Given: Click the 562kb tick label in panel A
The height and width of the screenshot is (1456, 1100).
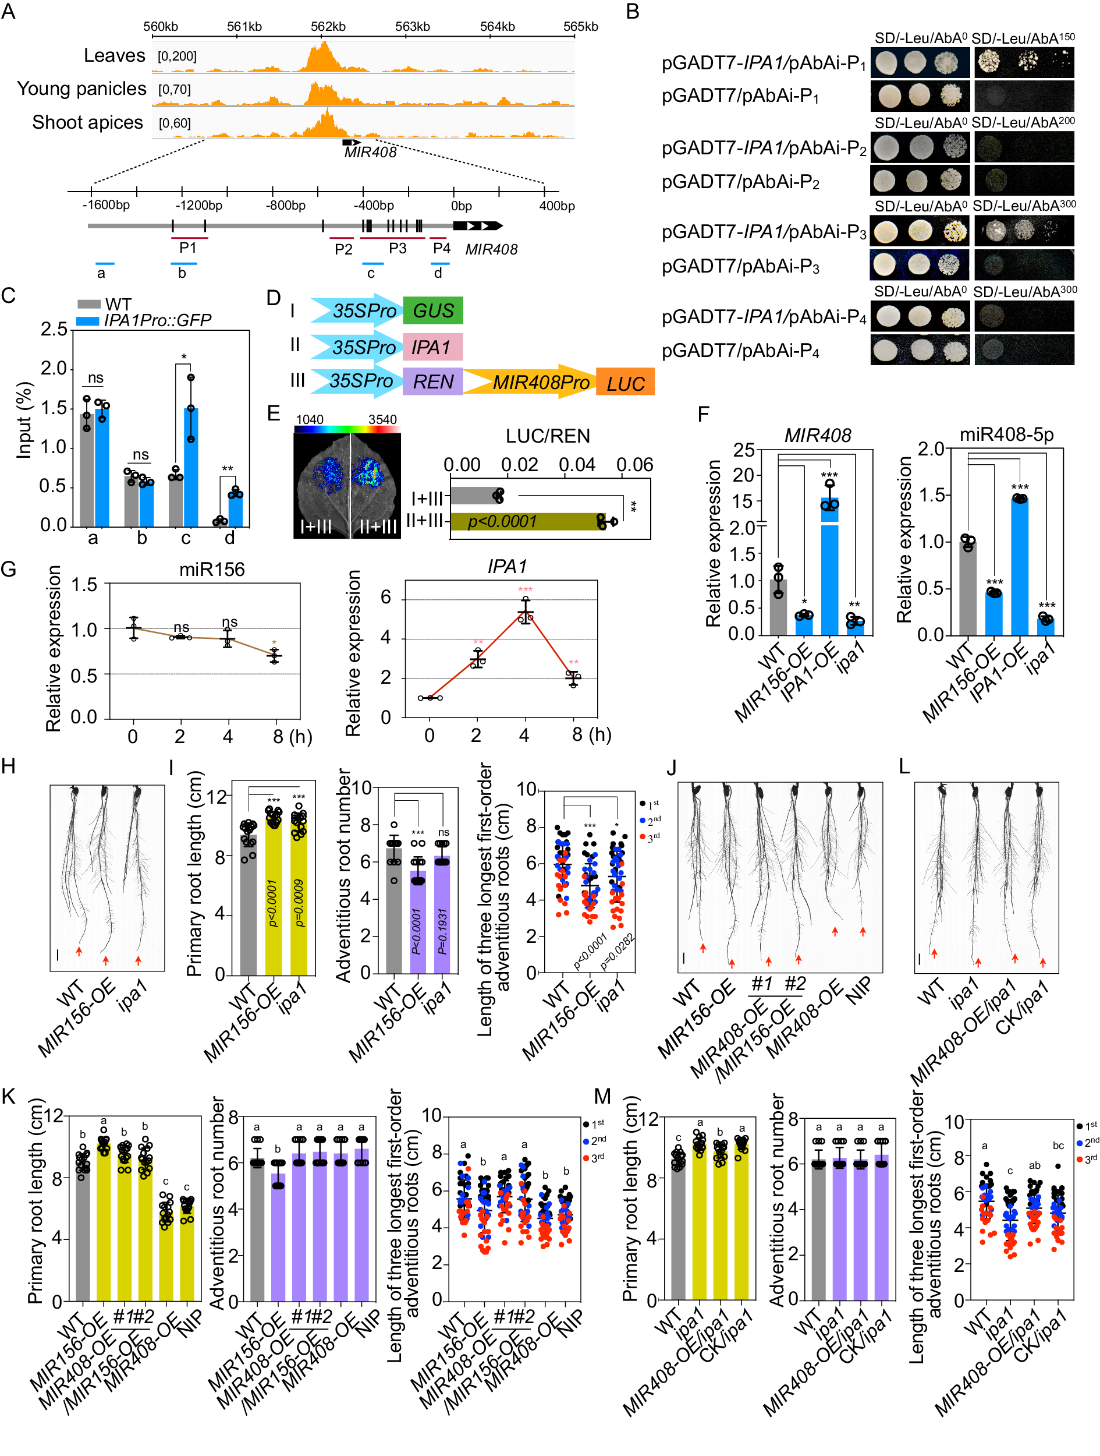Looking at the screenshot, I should tap(328, 26).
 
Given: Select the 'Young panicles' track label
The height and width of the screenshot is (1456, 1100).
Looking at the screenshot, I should tap(81, 89).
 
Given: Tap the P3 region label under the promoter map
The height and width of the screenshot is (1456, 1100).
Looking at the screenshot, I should tap(398, 248).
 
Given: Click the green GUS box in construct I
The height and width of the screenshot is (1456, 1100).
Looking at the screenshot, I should tap(432, 310).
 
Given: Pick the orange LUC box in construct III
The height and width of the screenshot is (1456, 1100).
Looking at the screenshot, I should tap(625, 383).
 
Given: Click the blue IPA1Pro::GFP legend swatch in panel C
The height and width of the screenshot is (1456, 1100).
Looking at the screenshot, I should tap(87, 320).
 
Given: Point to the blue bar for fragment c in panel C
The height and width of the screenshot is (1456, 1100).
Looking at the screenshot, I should tap(191, 467).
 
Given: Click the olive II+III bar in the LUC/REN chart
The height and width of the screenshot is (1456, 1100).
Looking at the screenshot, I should tap(526, 521).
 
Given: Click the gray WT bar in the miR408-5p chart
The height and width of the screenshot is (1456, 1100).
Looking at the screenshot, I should tap(967, 588).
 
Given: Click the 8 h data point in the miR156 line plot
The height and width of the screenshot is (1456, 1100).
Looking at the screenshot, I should tap(275, 656).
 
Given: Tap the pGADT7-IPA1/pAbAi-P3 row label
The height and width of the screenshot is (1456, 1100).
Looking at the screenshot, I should tap(763, 232).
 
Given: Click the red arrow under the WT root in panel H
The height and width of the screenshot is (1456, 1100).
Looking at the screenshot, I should tap(79, 950).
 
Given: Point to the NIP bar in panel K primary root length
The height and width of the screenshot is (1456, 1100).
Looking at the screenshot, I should tap(187, 1250).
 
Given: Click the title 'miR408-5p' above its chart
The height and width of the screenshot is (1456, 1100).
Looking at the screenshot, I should tap(1006, 434).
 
